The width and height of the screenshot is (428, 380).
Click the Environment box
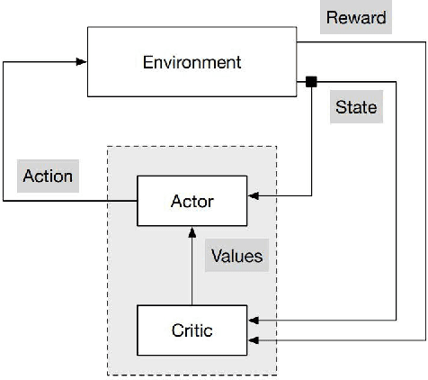click(192, 62)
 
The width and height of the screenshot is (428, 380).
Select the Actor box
click(192, 200)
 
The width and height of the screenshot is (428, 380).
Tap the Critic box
click(192, 330)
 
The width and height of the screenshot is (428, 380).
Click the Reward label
click(356, 17)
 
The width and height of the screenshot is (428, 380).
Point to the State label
click(355, 107)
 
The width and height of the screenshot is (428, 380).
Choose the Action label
click(48, 176)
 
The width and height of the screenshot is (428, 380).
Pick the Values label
click(236, 256)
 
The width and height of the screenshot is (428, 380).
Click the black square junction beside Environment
click(311, 82)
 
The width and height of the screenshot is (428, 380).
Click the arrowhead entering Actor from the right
click(253, 194)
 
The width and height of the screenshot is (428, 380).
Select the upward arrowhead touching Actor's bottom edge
click(192, 231)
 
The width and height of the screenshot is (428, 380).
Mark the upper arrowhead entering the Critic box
click(253, 320)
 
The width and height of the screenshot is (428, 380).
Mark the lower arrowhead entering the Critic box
click(253, 340)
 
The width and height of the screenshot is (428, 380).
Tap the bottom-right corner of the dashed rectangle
click(276, 375)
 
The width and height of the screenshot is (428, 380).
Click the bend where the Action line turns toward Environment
click(4, 62)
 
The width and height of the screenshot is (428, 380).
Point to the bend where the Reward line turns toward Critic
click(424, 340)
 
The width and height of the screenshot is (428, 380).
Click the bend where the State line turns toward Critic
click(397, 320)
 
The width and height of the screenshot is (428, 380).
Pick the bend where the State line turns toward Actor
click(311, 194)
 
